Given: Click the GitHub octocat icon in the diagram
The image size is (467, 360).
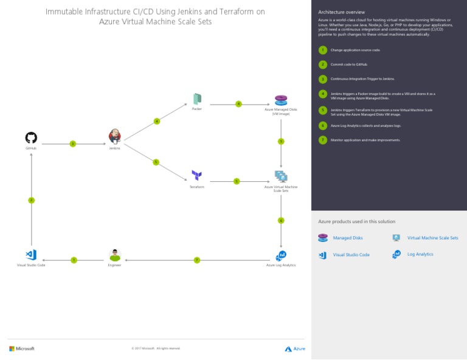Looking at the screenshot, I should [x=31, y=138].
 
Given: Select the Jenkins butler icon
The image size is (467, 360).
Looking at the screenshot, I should [x=114, y=136].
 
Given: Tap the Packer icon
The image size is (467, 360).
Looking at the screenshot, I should [x=197, y=99].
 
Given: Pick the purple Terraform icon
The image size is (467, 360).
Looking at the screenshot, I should [x=196, y=175].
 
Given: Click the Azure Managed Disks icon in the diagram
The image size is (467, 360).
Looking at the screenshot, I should [x=280, y=100].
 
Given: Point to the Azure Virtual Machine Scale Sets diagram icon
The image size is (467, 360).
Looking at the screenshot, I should [x=280, y=176].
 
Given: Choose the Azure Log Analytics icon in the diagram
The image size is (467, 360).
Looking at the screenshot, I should [x=281, y=255].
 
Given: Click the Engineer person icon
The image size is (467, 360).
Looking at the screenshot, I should [x=114, y=255].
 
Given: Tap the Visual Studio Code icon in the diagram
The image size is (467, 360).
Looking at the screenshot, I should [x=31, y=255].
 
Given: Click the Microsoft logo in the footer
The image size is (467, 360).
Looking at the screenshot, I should [x=22, y=348].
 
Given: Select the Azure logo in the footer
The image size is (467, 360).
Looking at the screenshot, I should [x=295, y=348].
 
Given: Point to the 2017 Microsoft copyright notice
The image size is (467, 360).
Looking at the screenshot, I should [x=156, y=348].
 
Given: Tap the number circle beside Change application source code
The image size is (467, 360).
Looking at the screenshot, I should [x=323, y=50].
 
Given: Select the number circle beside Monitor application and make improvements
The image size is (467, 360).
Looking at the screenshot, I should [x=323, y=140].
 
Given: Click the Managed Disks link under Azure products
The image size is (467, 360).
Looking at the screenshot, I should [x=348, y=238].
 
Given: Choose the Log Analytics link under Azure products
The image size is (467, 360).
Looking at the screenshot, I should [x=420, y=254].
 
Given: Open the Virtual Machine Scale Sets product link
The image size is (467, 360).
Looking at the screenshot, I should [x=432, y=238].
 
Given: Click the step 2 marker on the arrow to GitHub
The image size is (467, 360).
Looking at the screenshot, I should [x=31, y=200].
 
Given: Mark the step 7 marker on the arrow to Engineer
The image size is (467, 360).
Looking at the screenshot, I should [x=197, y=260].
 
